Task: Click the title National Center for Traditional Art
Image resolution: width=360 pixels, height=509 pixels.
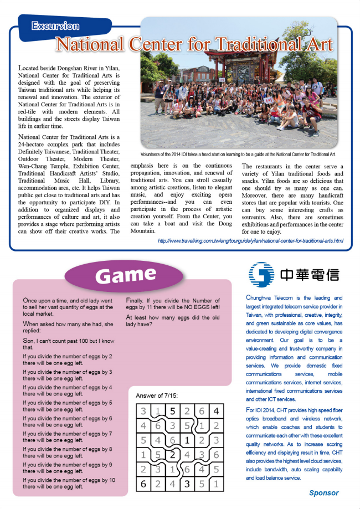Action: point(194,44)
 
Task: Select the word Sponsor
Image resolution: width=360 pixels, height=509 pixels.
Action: point(323,492)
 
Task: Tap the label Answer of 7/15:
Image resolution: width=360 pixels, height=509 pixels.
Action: point(157,395)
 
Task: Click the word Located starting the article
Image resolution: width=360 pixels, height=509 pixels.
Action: point(29,67)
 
